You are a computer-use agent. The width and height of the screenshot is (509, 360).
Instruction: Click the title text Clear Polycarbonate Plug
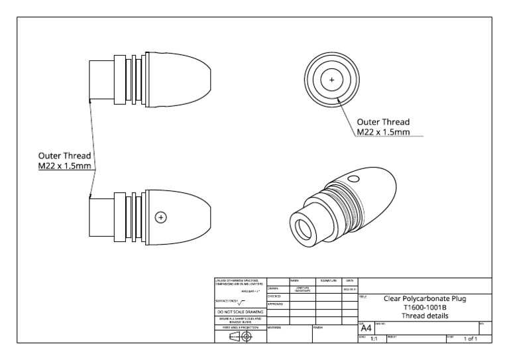[425, 299]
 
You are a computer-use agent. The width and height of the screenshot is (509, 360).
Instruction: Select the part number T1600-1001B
[425, 308]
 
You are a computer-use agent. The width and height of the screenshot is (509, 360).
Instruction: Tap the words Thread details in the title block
[425, 316]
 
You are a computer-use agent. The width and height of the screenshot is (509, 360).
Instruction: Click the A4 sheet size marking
[365, 328]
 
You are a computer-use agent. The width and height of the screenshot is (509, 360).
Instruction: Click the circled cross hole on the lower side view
[160, 217]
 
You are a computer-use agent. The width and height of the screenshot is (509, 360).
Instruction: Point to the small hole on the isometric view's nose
[353, 179]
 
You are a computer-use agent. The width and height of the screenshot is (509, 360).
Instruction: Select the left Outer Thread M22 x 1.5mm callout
[65, 160]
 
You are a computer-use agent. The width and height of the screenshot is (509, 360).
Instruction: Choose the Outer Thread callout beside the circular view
[382, 127]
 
